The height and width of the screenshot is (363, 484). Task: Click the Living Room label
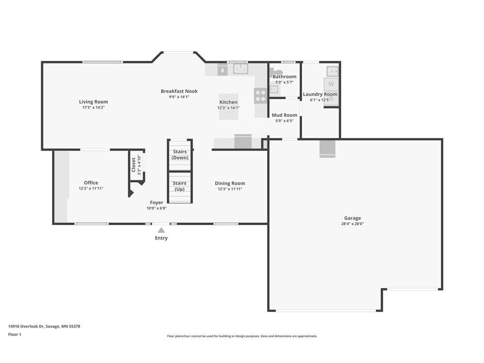pyautogui.click(x=93, y=102)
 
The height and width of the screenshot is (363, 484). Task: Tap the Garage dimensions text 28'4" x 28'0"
pyautogui.click(x=353, y=224)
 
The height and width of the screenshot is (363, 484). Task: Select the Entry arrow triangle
pyautogui.click(x=161, y=230)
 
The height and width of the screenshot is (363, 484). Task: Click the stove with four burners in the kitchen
pyautogui.click(x=260, y=95)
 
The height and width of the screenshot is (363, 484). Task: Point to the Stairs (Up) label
pyautogui.click(x=180, y=186)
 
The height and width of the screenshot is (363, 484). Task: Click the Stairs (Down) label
pyautogui.click(x=180, y=155)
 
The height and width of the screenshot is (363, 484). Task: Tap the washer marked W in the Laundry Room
pyautogui.click(x=331, y=84)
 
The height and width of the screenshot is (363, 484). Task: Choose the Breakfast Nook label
pyautogui.click(x=179, y=91)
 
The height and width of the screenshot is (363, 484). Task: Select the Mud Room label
pyautogui.click(x=285, y=115)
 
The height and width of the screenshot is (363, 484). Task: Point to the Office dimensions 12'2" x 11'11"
pyautogui.click(x=91, y=189)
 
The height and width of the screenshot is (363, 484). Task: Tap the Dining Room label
pyautogui.click(x=230, y=183)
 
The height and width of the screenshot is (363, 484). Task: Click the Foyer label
pyautogui.click(x=156, y=202)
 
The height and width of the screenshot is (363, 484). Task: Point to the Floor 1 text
pyautogui.click(x=15, y=334)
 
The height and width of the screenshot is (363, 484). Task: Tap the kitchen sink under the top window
pyautogui.click(x=240, y=69)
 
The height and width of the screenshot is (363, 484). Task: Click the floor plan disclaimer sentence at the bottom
pyautogui.click(x=242, y=336)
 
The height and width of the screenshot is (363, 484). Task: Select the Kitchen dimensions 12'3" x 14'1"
pyautogui.click(x=228, y=108)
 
